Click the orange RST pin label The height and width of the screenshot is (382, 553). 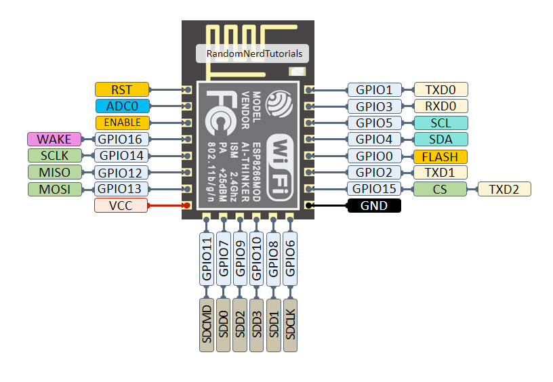[x=122, y=89]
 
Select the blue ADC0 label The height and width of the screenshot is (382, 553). [x=122, y=106]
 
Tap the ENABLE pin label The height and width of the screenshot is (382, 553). [x=122, y=123]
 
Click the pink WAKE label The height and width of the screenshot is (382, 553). [x=54, y=140]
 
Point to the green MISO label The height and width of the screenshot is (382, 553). [x=54, y=173]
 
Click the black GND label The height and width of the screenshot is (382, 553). [x=374, y=206]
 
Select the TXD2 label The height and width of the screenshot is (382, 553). [x=504, y=189]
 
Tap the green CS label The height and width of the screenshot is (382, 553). [x=440, y=189]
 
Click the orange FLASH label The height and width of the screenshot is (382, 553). [x=440, y=156]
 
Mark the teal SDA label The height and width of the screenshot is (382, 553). [x=440, y=140]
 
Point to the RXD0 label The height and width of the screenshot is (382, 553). [x=440, y=106]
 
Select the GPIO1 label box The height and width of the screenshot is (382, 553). [x=374, y=89]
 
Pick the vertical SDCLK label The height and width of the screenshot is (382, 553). [x=290, y=324]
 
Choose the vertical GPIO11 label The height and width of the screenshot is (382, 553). [x=207, y=258]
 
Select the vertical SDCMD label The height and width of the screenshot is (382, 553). [x=207, y=324]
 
